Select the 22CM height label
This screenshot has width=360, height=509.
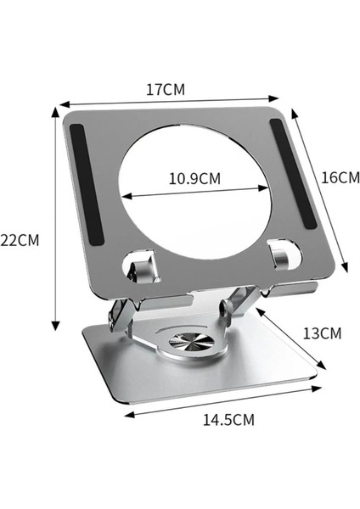click(x=20, y=240)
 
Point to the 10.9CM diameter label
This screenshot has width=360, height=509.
click(x=194, y=179)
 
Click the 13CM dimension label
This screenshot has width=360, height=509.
click(x=322, y=333)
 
